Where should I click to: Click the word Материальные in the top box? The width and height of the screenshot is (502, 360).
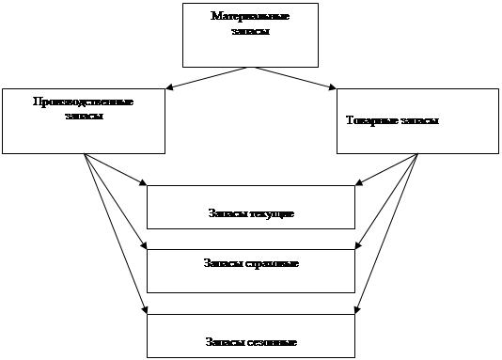pos(250,16)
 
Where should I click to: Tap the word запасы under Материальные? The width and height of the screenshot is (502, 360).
pos(251,31)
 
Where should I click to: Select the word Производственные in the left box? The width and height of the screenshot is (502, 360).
pos(84,102)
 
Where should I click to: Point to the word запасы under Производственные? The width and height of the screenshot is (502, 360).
pos(84,116)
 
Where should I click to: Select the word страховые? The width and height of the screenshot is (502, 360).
pos(272,264)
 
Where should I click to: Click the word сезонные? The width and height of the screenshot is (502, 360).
pos(273,342)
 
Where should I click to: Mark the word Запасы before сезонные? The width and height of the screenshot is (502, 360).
pos(226,342)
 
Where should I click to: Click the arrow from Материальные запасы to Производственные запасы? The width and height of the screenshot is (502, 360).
pos(206,78)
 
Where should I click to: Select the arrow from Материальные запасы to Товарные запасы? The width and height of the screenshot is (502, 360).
pos(295,78)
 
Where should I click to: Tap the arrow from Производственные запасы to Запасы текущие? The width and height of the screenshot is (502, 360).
pos(116,169)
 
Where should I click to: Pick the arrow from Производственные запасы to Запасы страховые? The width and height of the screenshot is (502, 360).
pos(116,201)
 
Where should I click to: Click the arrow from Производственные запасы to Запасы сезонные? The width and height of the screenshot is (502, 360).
pos(116,234)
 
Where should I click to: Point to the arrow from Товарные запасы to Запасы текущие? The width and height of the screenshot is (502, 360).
pos(386,169)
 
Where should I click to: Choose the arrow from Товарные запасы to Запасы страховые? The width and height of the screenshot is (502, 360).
pos(386,201)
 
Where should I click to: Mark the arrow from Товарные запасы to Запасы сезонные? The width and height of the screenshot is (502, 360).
pos(386,234)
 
